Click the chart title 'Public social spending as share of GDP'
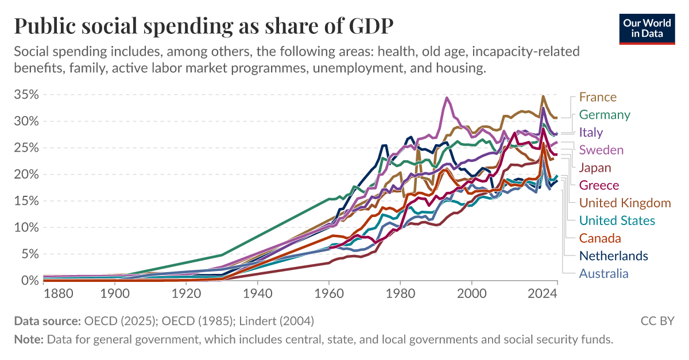[204, 27]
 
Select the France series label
[598, 97]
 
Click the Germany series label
[605, 115]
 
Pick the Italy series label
[591, 133]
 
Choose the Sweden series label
[601, 150]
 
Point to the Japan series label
[595, 168]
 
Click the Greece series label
[599, 185]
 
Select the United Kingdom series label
[625, 203]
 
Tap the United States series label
[617, 220]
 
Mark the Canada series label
[600, 238]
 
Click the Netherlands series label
[613, 256]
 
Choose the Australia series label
[603, 273]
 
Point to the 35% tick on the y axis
[26, 95]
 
